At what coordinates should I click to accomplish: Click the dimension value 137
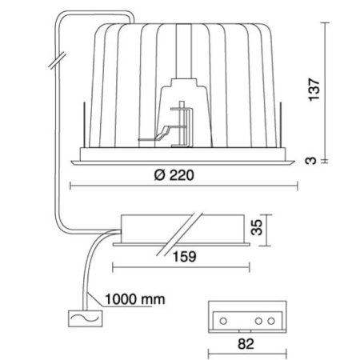pyautogui.click(x=314, y=90)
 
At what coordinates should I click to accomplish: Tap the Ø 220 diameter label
pyautogui.click(x=174, y=175)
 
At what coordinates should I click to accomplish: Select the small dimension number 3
pyautogui.click(x=311, y=161)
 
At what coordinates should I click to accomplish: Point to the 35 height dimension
pyautogui.click(x=257, y=227)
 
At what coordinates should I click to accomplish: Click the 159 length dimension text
pyautogui.click(x=185, y=257)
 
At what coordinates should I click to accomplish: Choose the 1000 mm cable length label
pyautogui.click(x=135, y=299)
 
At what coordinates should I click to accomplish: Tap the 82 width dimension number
pyautogui.click(x=246, y=344)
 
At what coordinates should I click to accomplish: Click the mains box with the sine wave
pyautogui.click(x=86, y=318)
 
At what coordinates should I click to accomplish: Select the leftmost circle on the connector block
pyautogui.click(x=223, y=321)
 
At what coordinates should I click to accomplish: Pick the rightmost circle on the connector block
pyautogui.click(x=271, y=321)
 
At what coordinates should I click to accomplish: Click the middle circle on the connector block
pyautogui.click(x=258, y=321)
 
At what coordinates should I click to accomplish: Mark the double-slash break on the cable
pyautogui.click(x=58, y=61)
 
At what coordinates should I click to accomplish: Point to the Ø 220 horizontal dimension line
pyautogui.click(x=184, y=186)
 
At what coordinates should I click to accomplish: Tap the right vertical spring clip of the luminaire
pyautogui.click(x=281, y=124)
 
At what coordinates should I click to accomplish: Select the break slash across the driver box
pyautogui.click(x=179, y=234)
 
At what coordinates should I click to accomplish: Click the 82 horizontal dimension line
pyautogui.click(x=247, y=355)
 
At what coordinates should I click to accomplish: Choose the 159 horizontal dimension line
pyautogui.click(x=181, y=267)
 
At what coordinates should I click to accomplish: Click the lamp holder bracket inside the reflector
pyautogui.click(x=182, y=124)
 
